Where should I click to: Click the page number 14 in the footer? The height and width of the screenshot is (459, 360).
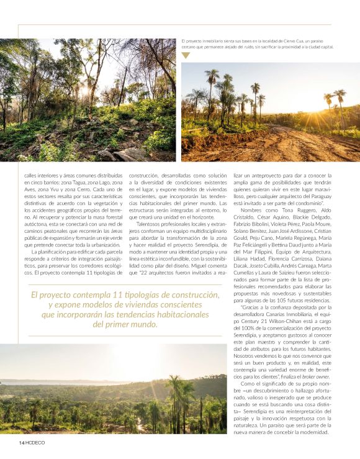coord(21,442)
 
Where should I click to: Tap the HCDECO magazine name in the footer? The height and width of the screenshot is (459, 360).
coord(35,442)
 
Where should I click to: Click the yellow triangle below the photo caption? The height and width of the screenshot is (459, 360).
coord(186,56)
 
